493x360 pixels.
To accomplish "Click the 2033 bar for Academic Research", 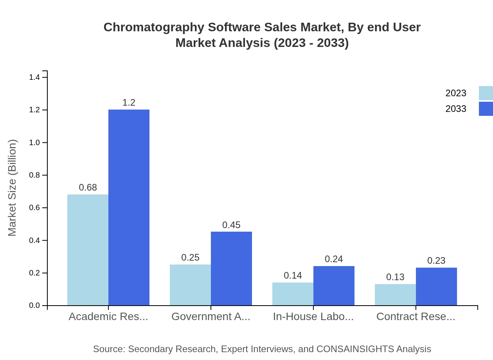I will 129,207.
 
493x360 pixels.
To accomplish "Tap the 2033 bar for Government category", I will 231,268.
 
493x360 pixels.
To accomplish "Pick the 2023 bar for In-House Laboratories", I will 293,294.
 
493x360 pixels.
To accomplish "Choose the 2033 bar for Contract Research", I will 436,286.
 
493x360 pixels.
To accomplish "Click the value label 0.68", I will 88,187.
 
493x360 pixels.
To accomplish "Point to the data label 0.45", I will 231,225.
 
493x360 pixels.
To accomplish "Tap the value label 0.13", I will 395,277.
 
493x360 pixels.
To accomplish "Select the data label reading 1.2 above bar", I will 129,103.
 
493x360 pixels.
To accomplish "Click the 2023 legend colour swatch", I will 486,93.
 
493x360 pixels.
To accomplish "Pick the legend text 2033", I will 456,109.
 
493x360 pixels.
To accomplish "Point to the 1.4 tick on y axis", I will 34,77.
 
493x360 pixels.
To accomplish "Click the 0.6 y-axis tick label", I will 34,208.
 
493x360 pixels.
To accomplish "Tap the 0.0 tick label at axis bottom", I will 34,306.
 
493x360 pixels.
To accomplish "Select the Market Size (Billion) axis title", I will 13,188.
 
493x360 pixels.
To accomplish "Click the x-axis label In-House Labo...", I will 313,317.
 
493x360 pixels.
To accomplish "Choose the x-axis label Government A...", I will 211,317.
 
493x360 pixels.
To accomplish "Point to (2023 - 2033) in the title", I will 311,43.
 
